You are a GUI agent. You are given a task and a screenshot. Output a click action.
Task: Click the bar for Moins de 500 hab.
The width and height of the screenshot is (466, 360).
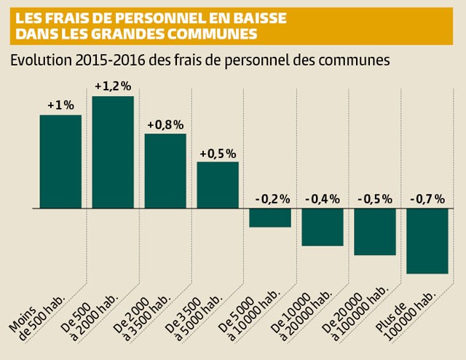tap(60, 162)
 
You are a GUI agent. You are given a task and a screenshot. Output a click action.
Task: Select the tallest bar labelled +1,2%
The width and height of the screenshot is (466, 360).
tap(113, 152)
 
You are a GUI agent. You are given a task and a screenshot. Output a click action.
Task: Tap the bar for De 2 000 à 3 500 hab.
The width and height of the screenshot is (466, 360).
tap(165, 171)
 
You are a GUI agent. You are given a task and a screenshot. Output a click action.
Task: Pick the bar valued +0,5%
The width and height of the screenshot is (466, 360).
tap(218, 185)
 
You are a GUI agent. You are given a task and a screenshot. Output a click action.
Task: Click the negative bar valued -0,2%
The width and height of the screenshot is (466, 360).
tap(270, 218)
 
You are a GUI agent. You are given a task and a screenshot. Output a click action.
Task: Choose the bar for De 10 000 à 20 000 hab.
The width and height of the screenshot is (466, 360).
tap(323, 227)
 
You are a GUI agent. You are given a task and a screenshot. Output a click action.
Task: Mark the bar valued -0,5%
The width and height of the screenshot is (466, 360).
tap(375, 232)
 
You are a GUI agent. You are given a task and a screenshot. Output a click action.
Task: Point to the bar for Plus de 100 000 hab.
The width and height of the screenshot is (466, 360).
tap(427, 241)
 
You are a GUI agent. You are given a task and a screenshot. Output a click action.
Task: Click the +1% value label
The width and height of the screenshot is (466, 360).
tap(60, 105)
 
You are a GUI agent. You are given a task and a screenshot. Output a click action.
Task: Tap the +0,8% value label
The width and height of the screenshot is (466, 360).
tap(165, 125)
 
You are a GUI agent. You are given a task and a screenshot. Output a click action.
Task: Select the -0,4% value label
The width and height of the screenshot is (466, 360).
tap(323, 199)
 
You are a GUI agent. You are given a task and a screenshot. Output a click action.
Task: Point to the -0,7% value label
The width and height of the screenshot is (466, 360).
tap(427, 199)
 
